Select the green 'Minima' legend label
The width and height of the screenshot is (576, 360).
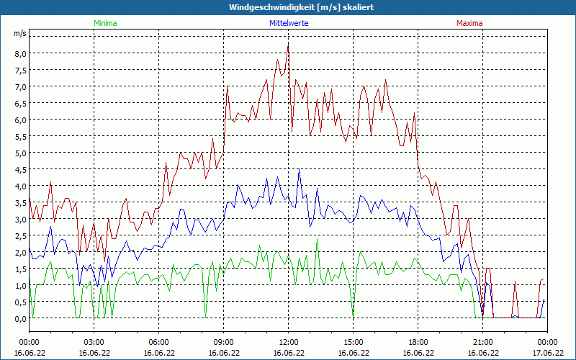(105, 23)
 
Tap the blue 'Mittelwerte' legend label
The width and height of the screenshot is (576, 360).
(289, 23)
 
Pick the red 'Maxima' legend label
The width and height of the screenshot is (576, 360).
(469, 23)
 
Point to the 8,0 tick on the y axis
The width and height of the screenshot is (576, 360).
(19, 53)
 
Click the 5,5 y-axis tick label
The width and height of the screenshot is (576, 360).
(19, 136)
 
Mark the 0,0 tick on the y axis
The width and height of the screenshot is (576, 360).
(19, 318)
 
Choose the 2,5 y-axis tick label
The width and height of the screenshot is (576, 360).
(19, 235)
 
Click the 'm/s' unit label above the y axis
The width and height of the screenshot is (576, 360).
(19, 34)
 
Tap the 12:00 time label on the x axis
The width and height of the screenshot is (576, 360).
(288, 342)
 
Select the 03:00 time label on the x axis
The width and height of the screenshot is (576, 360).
(94, 342)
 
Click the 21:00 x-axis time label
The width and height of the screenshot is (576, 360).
(482, 342)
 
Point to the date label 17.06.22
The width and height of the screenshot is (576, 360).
(547, 353)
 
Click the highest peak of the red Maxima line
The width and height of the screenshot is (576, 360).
(288, 43)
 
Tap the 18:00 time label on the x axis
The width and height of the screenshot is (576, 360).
(418, 342)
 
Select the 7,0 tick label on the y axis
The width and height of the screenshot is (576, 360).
(19, 86)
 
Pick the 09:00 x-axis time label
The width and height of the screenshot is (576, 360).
(223, 342)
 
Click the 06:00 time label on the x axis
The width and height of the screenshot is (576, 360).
(158, 342)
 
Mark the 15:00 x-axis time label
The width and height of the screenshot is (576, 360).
(353, 342)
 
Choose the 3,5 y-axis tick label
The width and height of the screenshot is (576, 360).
(19, 202)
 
